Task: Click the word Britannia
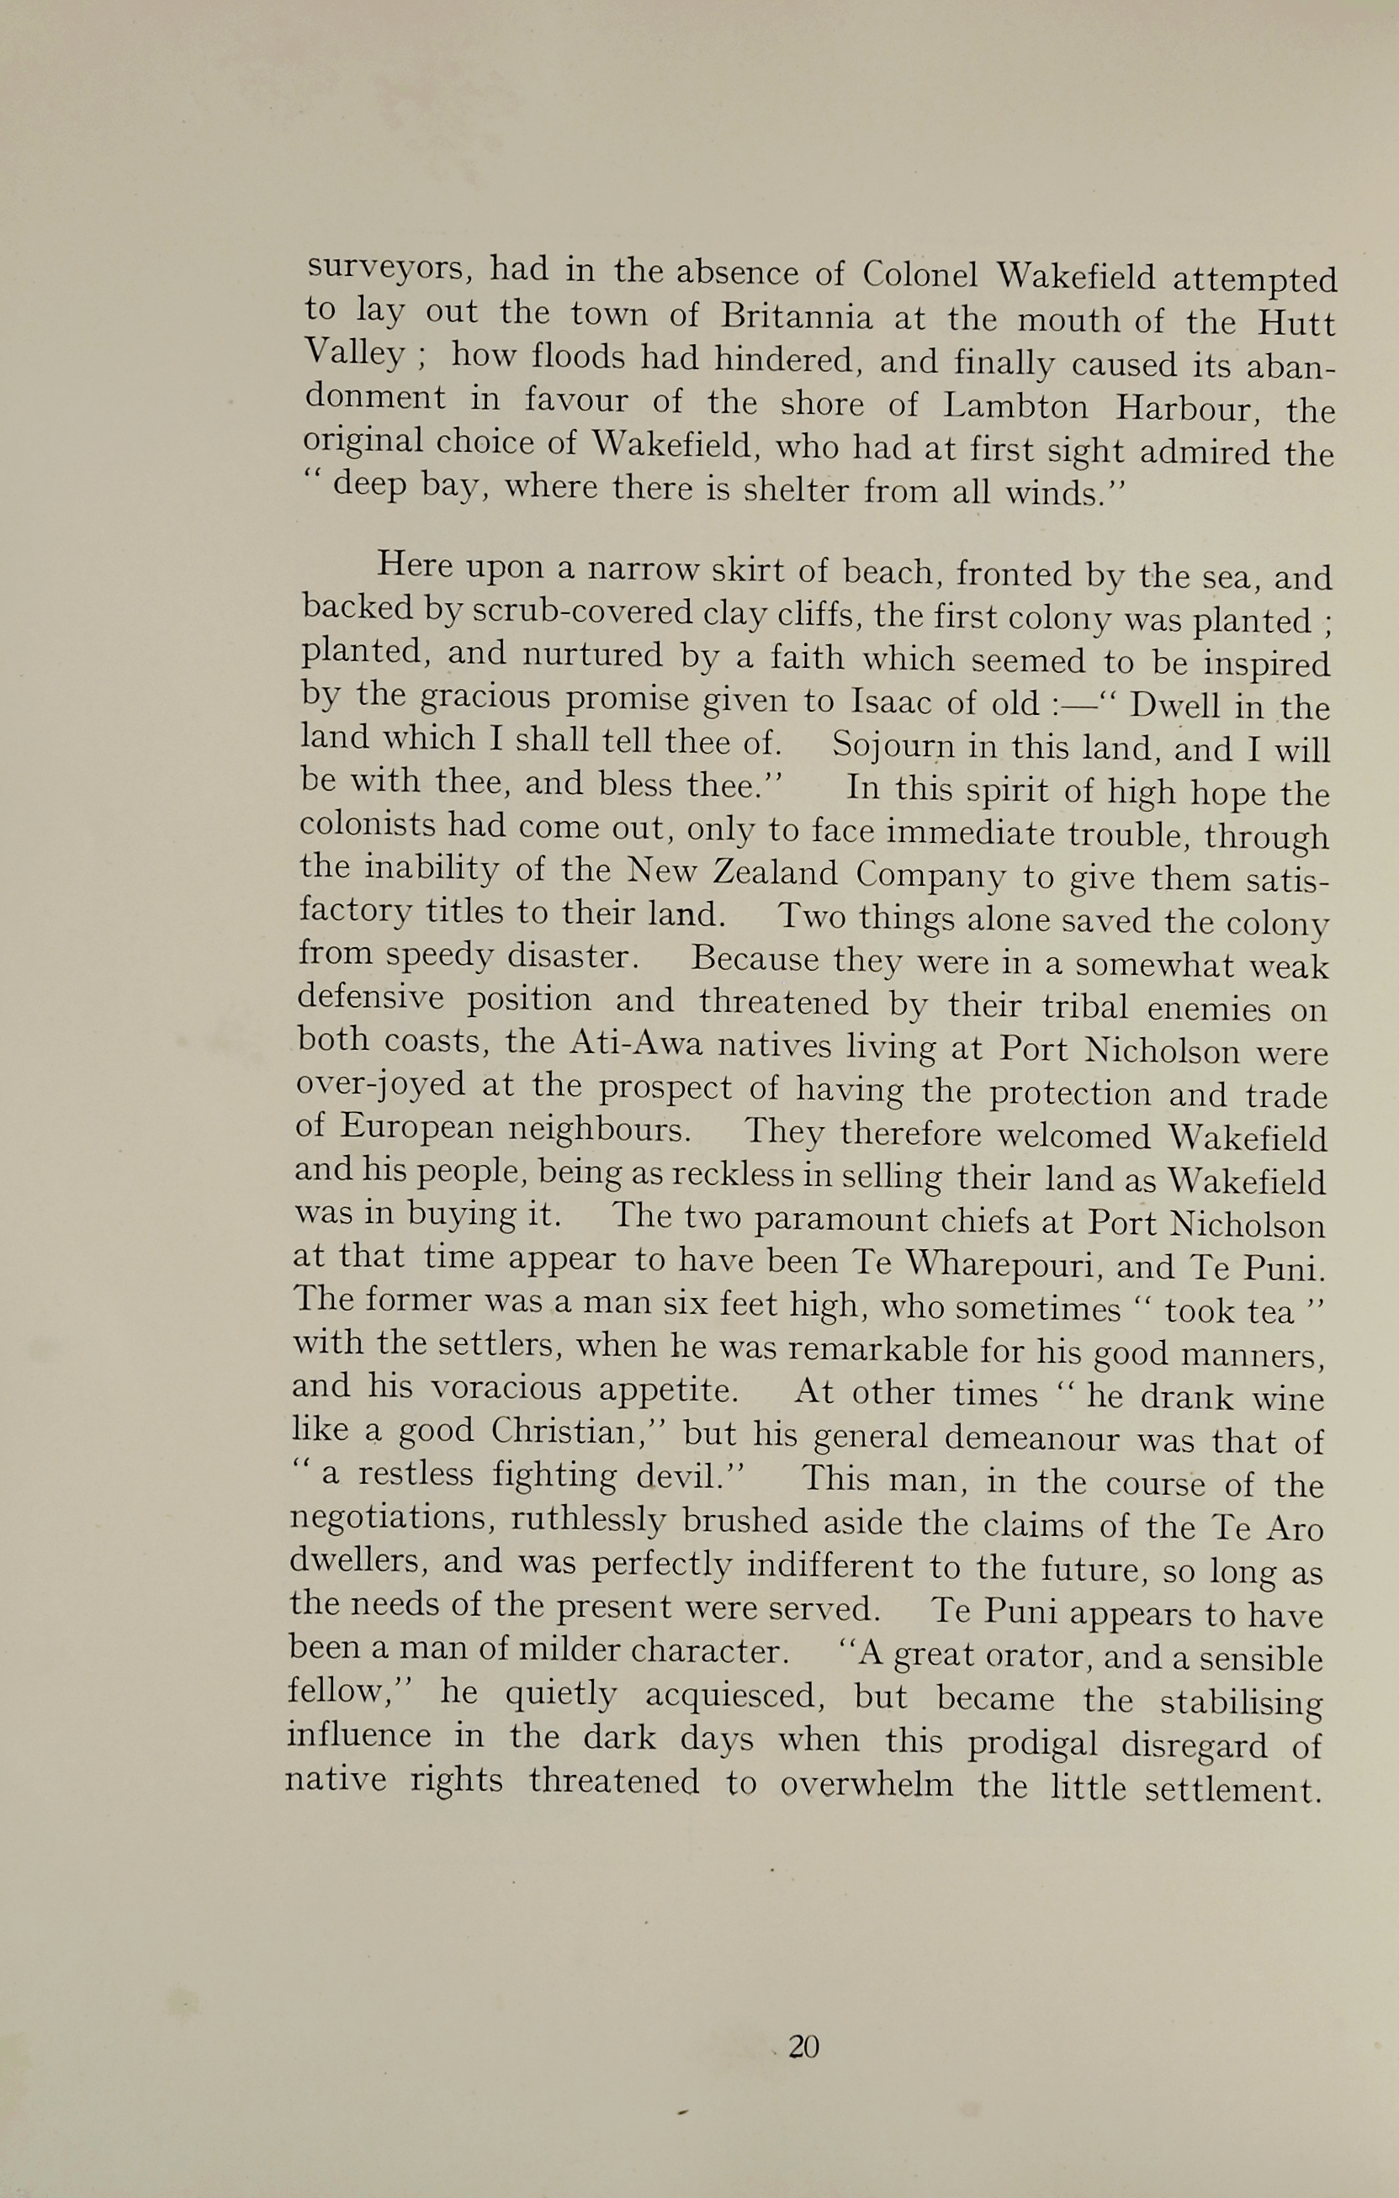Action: [796, 317]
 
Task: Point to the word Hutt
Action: [1296, 323]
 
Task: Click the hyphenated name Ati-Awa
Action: [635, 1044]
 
